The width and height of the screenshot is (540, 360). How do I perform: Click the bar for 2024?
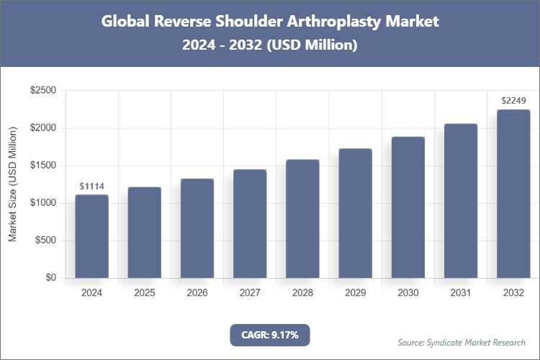pyautogui.click(x=91, y=236)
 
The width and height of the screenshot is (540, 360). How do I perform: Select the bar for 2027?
pyautogui.click(x=250, y=224)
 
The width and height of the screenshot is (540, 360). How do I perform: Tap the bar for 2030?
pyautogui.click(x=408, y=207)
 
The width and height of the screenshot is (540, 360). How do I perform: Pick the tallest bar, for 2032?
pyautogui.click(x=513, y=194)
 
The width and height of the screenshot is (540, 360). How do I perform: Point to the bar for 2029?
pyautogui.click(x=355, y=213)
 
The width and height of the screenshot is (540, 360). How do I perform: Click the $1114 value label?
pyautogui.click(x=91, y=186)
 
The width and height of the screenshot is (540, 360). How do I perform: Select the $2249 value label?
pyautogui.click(x=513, y=101)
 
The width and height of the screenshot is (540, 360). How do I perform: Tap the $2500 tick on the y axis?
pyautogui.click(x=42, y=91)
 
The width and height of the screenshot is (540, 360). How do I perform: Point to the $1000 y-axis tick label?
pyautogui.click(x=42, y=203)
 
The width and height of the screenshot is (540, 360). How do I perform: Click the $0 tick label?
pyautogui.click(x=50, y=278)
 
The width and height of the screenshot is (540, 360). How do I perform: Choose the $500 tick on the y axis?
pyautogui.click(x=45, y=240)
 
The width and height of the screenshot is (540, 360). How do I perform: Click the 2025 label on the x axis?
pyautogui.click(x=144, y=293)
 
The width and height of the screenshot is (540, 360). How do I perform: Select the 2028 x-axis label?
pyautogui.click(x=302, y=293)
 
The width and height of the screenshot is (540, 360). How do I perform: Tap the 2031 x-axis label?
pyautogui.click(x=461, y=293)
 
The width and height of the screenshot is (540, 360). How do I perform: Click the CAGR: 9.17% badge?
pyautogui.click(x=269, y=334)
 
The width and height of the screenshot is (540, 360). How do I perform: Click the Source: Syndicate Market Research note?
pyautogui.click(x=461, y=342)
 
